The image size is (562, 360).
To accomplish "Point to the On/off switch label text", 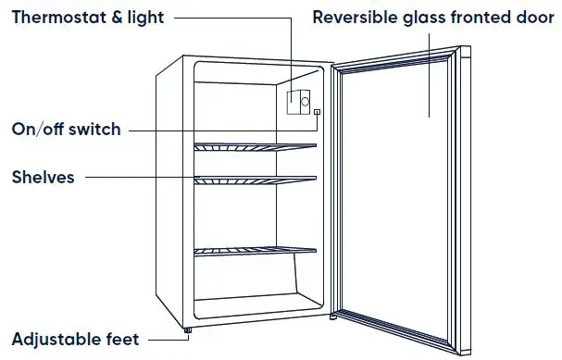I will click(x=65, y=130).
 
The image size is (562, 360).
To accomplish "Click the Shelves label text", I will click(x=43, y=177).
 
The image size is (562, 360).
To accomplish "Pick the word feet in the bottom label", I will click(x=122, y=340).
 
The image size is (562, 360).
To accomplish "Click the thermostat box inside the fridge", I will click(x=298, y=101).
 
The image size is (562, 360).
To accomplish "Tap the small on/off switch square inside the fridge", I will click(x=318, y=113).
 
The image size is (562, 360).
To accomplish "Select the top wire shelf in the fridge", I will click(x=255, y=145).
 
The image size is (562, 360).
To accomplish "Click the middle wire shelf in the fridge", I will click(x=255, y=178).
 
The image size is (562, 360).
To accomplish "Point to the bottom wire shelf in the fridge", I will click(x=255, y=249).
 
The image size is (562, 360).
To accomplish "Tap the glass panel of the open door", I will click(x=398, y=204).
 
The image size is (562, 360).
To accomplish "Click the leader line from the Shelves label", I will click(x=139, y=177).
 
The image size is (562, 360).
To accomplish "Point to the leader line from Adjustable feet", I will click(x=163, y=339).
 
